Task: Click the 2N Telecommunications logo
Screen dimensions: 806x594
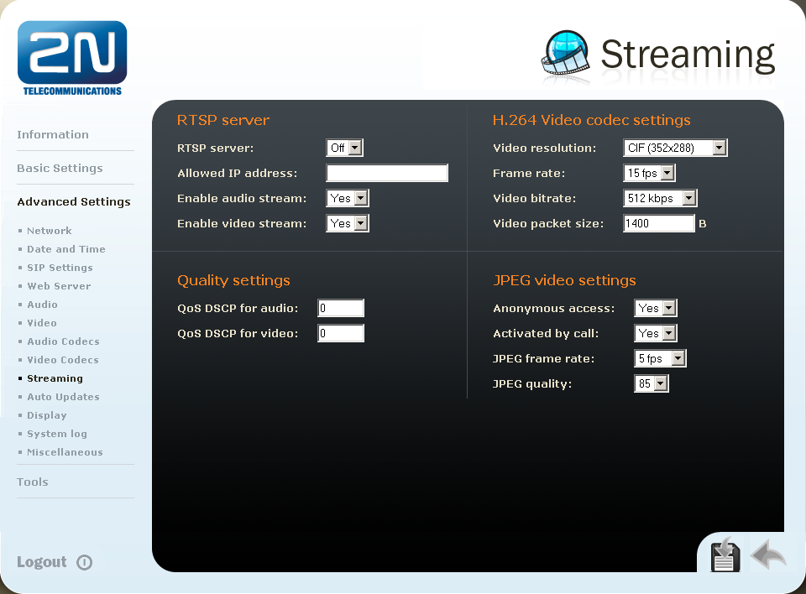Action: tap(72, 58)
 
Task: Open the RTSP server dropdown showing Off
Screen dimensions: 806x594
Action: tap(344, 148)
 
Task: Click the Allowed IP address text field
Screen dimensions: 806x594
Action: tap(387, 173)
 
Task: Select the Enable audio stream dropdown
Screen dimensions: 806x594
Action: tap(348, 198)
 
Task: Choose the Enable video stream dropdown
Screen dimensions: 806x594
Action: tap(348, 223)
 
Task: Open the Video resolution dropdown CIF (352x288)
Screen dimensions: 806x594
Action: tap(675, 148)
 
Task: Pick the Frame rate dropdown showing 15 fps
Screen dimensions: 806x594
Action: tap(649, 173)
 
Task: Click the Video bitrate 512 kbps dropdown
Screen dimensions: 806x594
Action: tap(660, 198)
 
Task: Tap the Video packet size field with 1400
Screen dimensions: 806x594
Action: tap(659, 223)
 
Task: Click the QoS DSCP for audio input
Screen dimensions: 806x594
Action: tap(341, 308)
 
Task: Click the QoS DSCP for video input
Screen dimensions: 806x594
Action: tap(341, 333)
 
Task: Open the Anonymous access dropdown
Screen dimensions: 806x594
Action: tap(656, 308)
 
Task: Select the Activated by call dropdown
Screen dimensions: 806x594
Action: tap(656, 333)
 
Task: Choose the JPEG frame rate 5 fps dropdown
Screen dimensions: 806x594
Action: tap(660, 358)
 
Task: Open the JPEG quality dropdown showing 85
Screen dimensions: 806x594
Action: tap(652, 384)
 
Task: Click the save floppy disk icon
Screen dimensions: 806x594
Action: tap(725, 555)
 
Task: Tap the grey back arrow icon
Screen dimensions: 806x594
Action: tap(768, 554)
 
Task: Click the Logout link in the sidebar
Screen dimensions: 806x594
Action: tap(42, 562)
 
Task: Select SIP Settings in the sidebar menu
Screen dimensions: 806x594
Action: tap(60, 268)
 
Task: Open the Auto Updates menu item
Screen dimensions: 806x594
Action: tap(63, 397)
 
